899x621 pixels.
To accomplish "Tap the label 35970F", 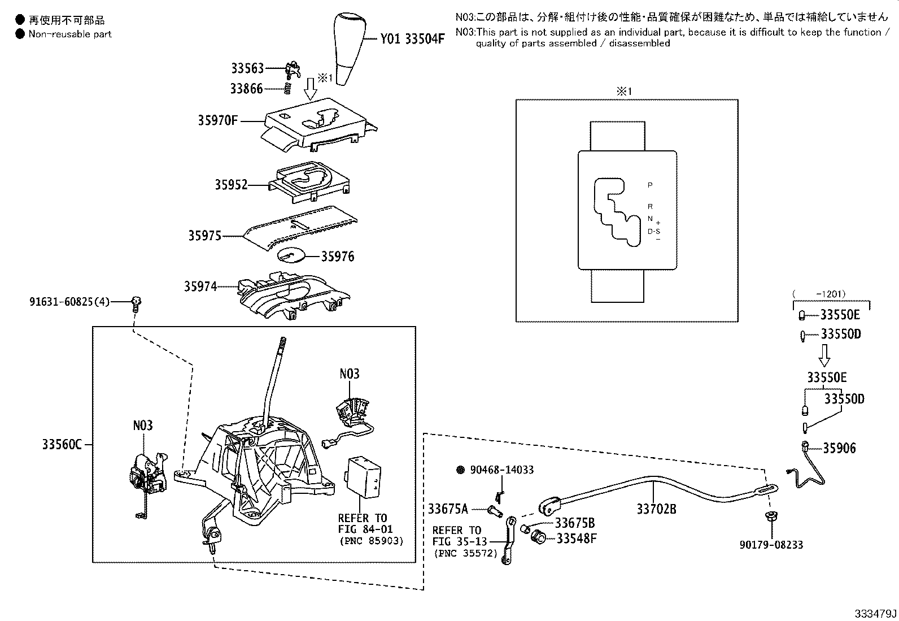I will (217, 120).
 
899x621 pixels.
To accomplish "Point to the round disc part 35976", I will (291, 255).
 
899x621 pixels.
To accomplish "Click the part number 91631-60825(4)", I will (69, 302).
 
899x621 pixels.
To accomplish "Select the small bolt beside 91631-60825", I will (136, 303).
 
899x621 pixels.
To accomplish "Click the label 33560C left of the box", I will (62, 445).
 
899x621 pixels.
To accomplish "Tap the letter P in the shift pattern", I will (650, 185).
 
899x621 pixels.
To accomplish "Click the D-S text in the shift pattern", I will (653, 231).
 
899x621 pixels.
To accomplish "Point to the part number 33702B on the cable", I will (656, 509).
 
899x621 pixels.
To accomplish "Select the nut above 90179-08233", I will (770, 516).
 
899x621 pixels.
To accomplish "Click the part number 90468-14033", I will (501, 470).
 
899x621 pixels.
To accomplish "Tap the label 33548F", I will (576, 538).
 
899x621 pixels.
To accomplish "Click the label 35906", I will (839, 448).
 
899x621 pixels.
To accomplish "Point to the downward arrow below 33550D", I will (824, 355).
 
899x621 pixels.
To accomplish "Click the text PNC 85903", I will (371, 541).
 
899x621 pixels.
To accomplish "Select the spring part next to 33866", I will (286, 88).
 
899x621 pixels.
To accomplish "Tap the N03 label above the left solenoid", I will (143, 425).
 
